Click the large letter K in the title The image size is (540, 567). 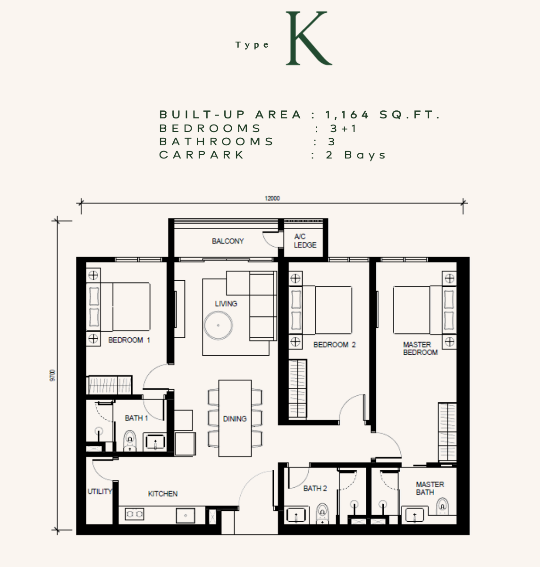[x=308, y=38]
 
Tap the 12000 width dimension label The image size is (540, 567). [x=272, y=199]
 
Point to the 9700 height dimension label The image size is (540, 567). [x=52, y=375]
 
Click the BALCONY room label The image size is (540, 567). [x=228, y=241]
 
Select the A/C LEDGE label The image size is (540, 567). [x=305, y=241]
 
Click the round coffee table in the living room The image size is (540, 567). [x=218, y=325]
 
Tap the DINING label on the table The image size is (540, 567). [x=235, y=419]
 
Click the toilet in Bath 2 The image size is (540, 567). [x=322, y=514]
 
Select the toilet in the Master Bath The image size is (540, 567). [x=442, y=506]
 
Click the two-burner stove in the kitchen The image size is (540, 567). [x=135, y=514]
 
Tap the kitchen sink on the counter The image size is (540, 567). [x=186, y=516]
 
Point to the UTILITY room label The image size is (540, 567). [x=100, y=492]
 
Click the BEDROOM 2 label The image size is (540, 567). [x=335, y=345]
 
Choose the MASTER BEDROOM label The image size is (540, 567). [x=420, y=349]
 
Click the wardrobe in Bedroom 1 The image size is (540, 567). [x=110, y=385]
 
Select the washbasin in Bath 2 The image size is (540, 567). [x=296, y=515]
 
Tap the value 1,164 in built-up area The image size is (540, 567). [x=347, y=115]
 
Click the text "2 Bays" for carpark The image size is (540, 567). [x=356, y=155]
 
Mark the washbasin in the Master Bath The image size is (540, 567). [x=415, y=515]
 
